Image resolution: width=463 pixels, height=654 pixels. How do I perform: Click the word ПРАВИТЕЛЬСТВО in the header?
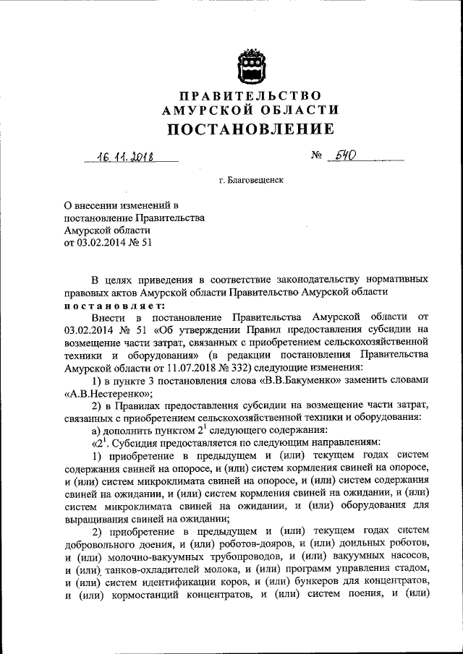point(251,96)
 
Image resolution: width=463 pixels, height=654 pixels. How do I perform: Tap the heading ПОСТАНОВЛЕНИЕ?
point(251,129)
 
